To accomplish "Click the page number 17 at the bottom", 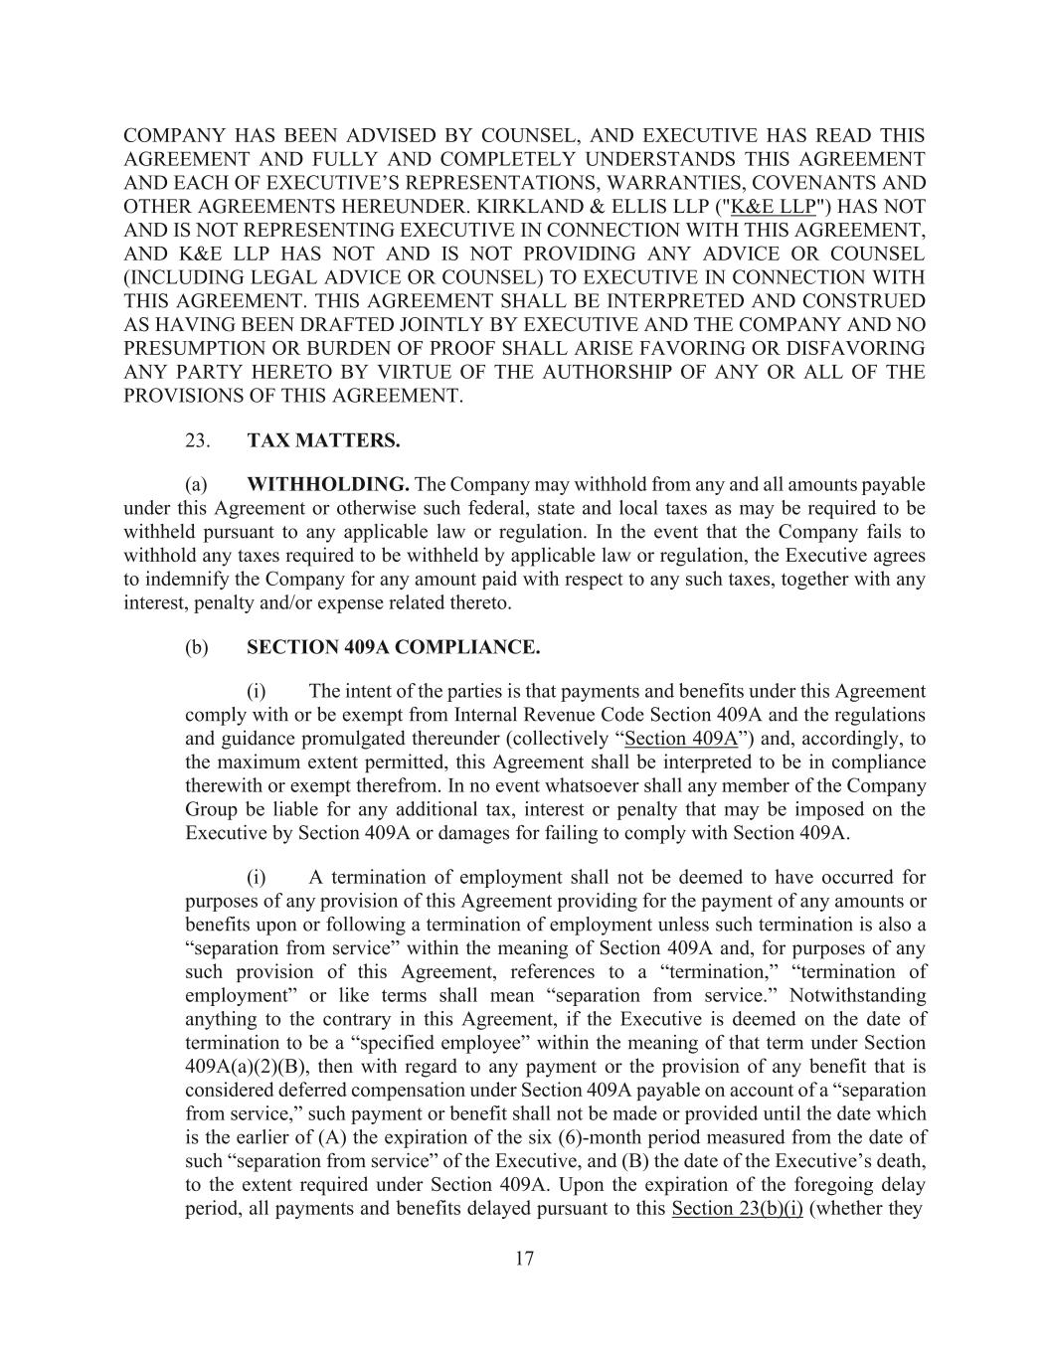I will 524,1259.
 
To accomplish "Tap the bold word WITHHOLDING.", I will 327,485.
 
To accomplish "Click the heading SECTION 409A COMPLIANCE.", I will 393,647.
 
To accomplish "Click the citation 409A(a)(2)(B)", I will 245,1067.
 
